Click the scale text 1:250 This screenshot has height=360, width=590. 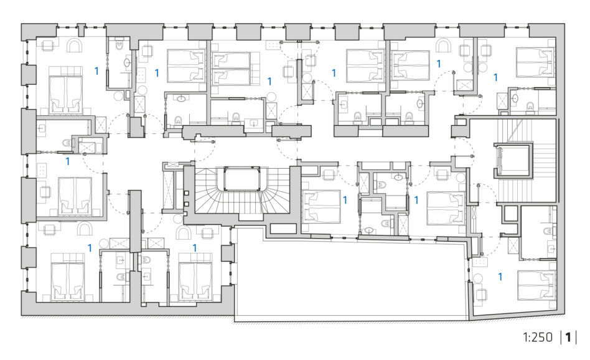(538, 337)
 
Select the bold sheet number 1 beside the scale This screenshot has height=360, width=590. (568, 337)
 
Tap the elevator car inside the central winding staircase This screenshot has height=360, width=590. (242, 179)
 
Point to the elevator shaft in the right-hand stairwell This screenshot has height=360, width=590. (513, 160)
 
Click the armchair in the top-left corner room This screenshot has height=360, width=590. (75, 45)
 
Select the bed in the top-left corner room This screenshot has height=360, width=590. (66, 90)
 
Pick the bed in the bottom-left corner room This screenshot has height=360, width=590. (68, 277)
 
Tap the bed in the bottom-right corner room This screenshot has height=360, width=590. (536, 285)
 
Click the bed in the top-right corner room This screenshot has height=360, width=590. (535, 62)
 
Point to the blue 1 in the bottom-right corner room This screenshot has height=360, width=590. (500, 277)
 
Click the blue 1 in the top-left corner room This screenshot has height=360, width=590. (96, 70)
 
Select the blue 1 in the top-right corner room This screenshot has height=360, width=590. (495, 77)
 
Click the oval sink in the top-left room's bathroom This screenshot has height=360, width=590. (127, 62)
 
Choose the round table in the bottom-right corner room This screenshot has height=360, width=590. (478, 278)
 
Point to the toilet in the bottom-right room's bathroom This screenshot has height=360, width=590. (548, 230)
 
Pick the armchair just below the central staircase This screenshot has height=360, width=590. (184, 232)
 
